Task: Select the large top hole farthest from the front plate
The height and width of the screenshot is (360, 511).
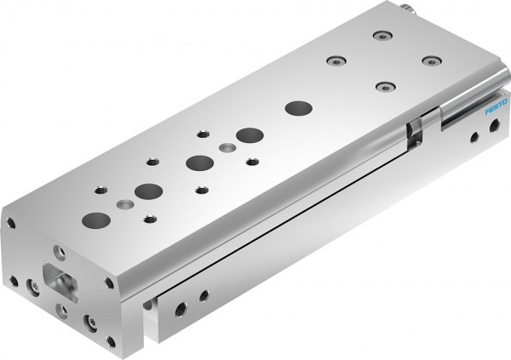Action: pos(298,108)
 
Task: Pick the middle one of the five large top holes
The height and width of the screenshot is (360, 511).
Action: pos(199,162)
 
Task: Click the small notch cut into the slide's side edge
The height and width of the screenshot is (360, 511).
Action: pos(415,129)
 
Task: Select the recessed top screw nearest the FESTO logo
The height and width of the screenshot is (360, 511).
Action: pos(433,61)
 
